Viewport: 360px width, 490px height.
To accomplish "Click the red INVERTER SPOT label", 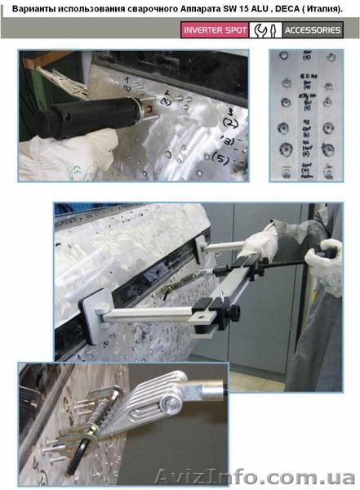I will click(x=214, y=30).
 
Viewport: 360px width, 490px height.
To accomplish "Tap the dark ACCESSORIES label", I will click(x=313, y=30).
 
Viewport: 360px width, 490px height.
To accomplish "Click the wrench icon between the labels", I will click(x=264, y=30).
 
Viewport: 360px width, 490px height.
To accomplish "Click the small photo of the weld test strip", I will click(x=305, y=114).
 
